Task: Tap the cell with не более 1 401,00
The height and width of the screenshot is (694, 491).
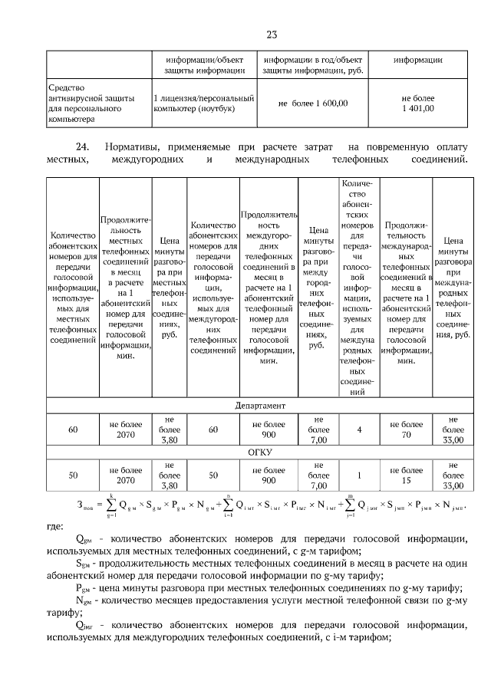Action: click(417, 104)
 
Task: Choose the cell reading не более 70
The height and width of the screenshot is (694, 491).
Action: click(406, 429)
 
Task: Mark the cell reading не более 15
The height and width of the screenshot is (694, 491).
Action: click(406, 475)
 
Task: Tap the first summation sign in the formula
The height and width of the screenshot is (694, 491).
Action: click(110, 506)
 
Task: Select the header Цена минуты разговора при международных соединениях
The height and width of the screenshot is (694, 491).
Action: click(453, 288)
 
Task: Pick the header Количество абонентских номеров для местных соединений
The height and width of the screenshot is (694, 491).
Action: click(72, 288)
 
